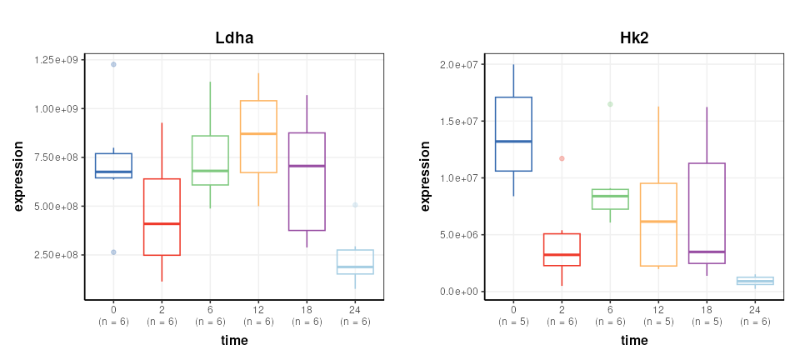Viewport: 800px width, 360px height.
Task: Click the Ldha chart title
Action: pyautogui.click(x=234, y=38)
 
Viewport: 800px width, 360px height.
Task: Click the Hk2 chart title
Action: pyautogui.click(x=634, y=38)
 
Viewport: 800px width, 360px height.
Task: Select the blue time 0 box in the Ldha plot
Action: pyautogui.click(x=113, y=166)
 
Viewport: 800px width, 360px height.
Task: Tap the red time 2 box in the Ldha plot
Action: pyautogui.click(x=162, y=217)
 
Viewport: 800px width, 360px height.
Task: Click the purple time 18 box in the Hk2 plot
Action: pyautogui.click(x=707, y=213)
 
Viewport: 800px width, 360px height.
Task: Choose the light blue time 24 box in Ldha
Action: pyautogui.click(x=355, y=262)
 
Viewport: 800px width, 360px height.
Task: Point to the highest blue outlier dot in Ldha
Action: pyautogui.click(x=113, y=64)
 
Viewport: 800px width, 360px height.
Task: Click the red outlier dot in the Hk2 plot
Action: pyautogui.click(x=562, y=158)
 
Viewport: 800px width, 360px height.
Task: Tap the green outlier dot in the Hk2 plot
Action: pyautogui.click(x=610, y=104)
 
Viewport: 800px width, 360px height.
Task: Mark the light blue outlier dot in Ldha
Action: pyautogui.click(x=355, y=205)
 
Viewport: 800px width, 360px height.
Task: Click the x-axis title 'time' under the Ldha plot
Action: pyautogui.click(x=234, y=340)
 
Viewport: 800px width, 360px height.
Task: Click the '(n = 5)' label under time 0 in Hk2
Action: pyautogui.click(x=513, y=322)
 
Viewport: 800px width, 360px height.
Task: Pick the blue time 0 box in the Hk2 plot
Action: pyautogui.click(x=513, y=134)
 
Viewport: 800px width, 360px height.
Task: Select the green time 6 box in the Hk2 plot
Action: pyautogui.click(x=610, y=199)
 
